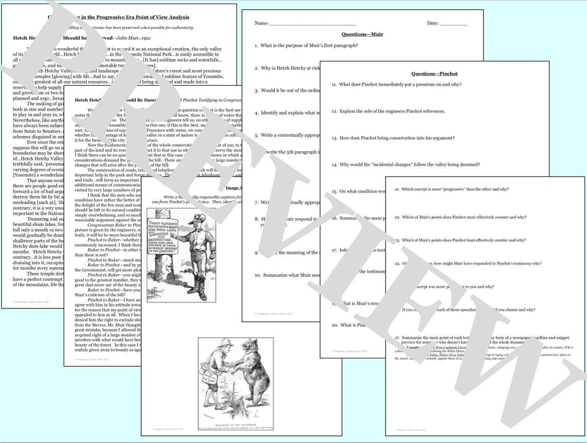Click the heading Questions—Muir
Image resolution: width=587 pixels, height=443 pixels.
[x=362, y=34]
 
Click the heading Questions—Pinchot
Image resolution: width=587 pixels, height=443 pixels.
[x=434, y=73]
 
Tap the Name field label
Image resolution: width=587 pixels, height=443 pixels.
[x=261, y=23]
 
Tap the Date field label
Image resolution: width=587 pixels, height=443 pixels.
[x=432, y=23]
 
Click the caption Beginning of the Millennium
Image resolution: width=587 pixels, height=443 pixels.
[x=235, y=425]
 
